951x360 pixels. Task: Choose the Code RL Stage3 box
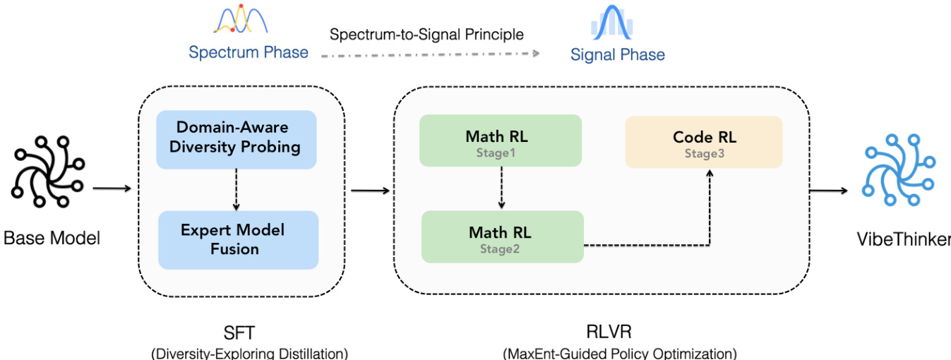(704, 142)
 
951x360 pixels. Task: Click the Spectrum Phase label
(249, 52)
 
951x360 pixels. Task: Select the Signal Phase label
(618, 54)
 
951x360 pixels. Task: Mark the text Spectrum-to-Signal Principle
(427, 34)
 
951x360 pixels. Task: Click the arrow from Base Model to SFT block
(112, 188)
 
